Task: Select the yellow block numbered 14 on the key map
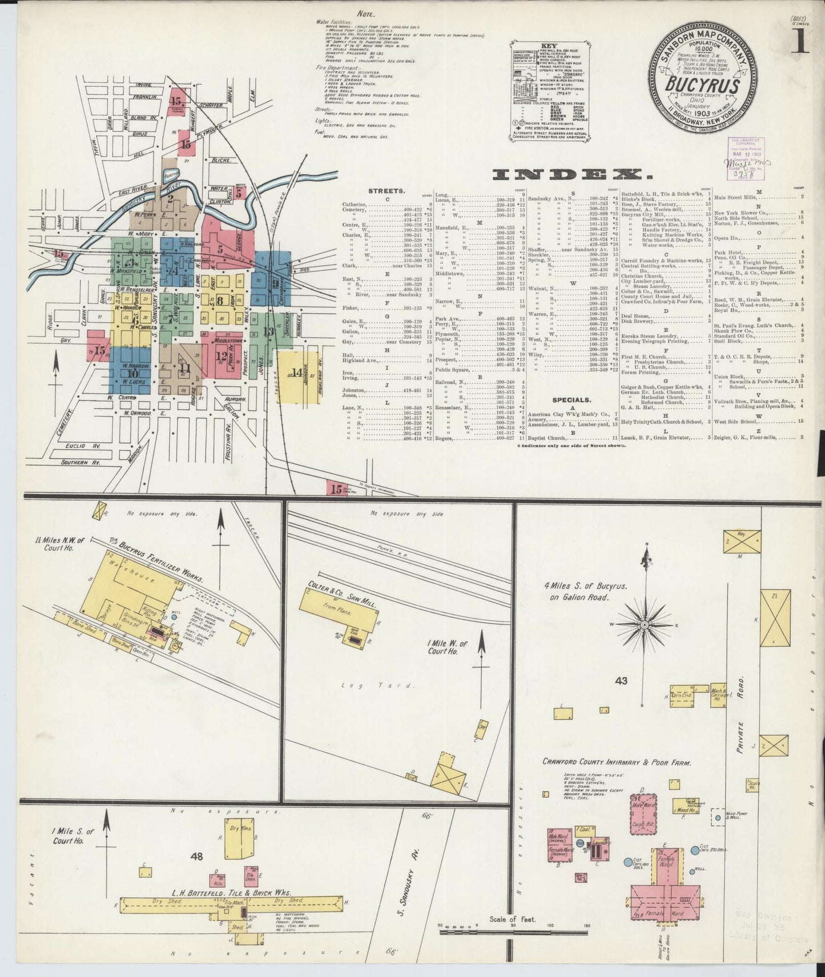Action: pos(297,375)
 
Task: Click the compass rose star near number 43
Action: pos(646,625)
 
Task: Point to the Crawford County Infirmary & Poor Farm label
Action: pos(617,762)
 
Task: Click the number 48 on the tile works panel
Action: pos(198,856)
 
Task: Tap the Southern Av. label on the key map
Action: pos(81,462)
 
